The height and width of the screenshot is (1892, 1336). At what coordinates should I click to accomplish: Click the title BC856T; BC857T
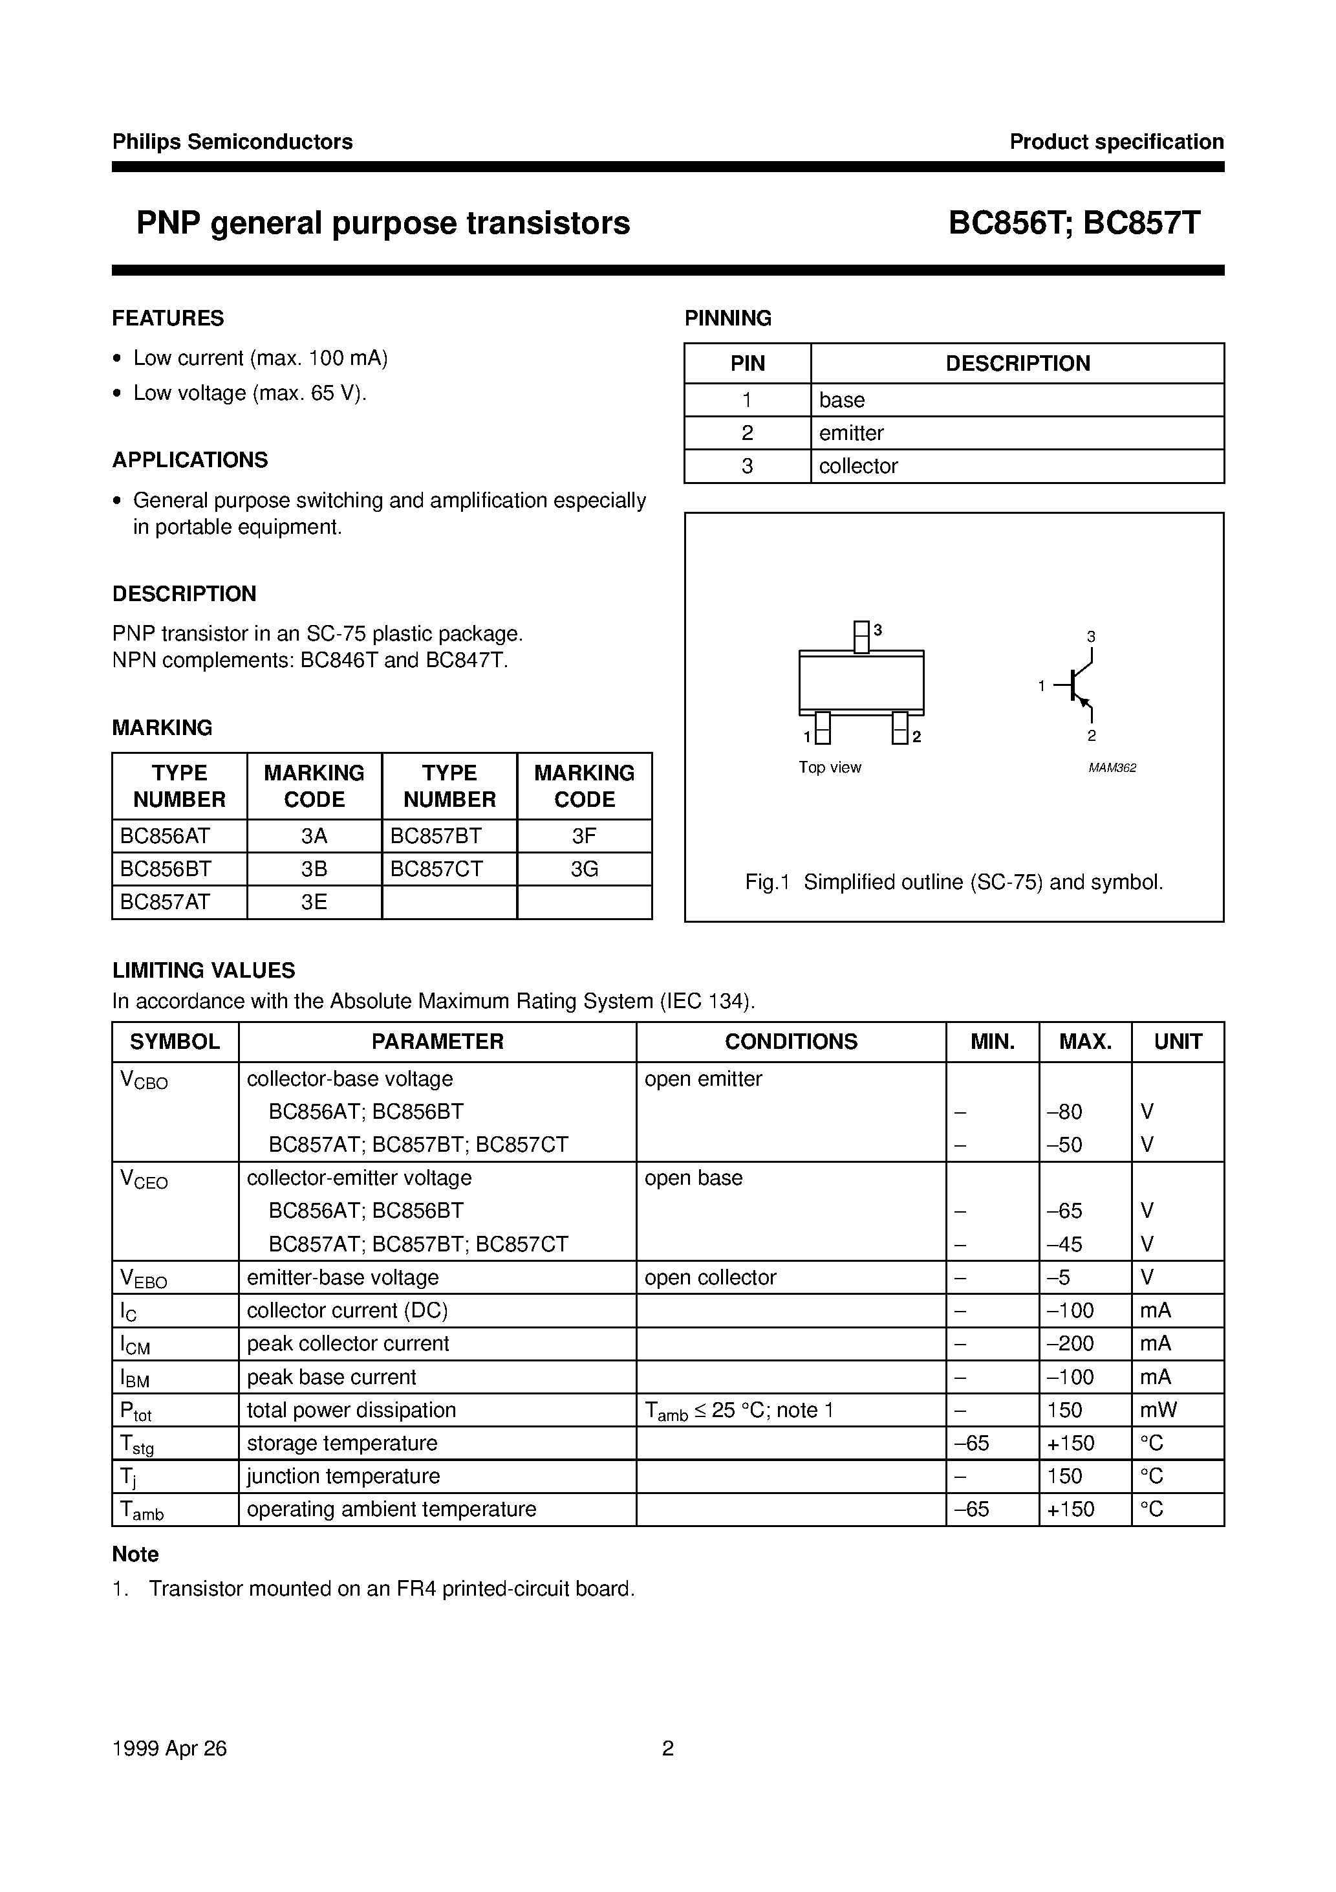coord(1074,223)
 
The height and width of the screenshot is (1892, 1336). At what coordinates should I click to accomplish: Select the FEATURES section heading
coord(168,318)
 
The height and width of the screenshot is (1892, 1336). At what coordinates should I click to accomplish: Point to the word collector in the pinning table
coord(857,467)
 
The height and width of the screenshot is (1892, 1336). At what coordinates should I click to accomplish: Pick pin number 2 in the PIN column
coord(747,434)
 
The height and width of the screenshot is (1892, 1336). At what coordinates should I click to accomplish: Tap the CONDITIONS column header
coord(791,1042)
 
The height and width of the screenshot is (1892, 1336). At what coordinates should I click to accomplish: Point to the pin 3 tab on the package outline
coord(861,637)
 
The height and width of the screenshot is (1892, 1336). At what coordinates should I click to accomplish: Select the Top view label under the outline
coord(830,767)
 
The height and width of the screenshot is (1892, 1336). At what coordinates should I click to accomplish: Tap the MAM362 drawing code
coord(1112,768)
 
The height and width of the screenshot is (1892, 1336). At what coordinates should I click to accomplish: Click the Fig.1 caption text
coord(954,883)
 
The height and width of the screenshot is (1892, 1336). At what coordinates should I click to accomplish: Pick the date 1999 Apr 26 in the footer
coord(169,1748)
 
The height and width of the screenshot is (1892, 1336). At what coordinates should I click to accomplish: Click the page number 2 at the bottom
coord(668,1748)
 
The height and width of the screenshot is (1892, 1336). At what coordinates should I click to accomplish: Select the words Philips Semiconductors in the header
coord(232,142)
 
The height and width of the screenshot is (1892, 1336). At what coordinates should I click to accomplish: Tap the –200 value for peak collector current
coord(1070,1344)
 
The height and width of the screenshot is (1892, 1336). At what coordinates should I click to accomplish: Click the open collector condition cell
coord(710,1277)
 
